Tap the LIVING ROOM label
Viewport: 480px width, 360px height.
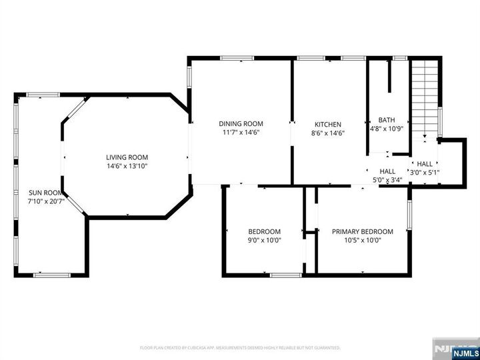(x=126, y=157)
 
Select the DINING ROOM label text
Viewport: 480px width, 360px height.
(x=241, y=123)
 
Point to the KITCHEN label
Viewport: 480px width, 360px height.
(x=328, y=124)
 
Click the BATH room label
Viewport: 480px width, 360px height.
(x=387, y=120)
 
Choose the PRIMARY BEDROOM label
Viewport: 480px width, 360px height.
(x=362, y=231)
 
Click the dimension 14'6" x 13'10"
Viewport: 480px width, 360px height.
(x=126, y=166)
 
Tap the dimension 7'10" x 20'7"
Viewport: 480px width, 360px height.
(x=45, y=201)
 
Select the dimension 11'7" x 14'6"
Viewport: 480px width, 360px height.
(x=241, y=132)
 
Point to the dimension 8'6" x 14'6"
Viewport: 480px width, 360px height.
(x=328, y=133)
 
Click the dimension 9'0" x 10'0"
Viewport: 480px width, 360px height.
(x=264, y=241)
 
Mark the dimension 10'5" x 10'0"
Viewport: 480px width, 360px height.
(x=362, y=241)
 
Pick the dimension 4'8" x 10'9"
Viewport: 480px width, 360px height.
(x=387, y=129)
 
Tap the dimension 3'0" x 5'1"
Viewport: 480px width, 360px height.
(x=425, y=173)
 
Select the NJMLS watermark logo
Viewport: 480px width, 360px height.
(x=457, y=349)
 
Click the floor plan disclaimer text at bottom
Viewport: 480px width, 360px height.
(x=239, y=347)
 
